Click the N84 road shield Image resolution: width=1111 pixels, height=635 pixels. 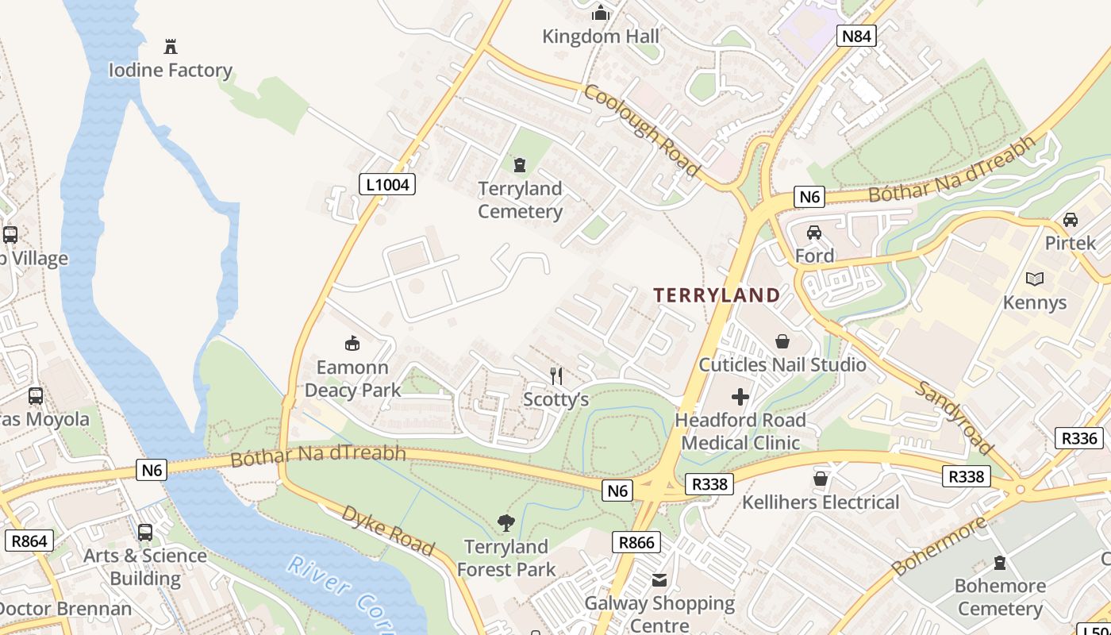(856, 35)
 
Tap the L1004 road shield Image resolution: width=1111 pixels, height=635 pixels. (387, 185)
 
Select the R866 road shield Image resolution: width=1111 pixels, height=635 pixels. (637, 543)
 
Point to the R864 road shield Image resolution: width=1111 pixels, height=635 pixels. (29, 541)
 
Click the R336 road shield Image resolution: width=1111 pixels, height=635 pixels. (1078, 438)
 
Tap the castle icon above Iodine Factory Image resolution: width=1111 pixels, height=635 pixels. (170, 46)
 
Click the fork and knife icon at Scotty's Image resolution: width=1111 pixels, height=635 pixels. (557, 375)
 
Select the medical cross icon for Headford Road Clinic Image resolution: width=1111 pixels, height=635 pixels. (740, 396)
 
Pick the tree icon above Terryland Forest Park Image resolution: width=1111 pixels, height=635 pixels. (506, 523)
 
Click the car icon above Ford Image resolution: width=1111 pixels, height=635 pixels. (814, 233)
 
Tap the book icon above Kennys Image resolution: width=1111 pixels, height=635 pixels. (1035, 279)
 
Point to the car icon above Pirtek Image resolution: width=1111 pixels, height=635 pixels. (1070, 220)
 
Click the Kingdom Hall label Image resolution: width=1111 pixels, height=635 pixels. (601, 37)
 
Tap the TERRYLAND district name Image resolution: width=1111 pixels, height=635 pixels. (717, 295)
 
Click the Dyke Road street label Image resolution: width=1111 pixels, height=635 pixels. (388, 529)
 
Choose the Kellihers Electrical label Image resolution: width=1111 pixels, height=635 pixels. (821, 502)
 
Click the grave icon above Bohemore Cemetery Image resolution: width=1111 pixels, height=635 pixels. (1000, 563)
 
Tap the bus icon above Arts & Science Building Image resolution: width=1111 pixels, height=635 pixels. (145, 533)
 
